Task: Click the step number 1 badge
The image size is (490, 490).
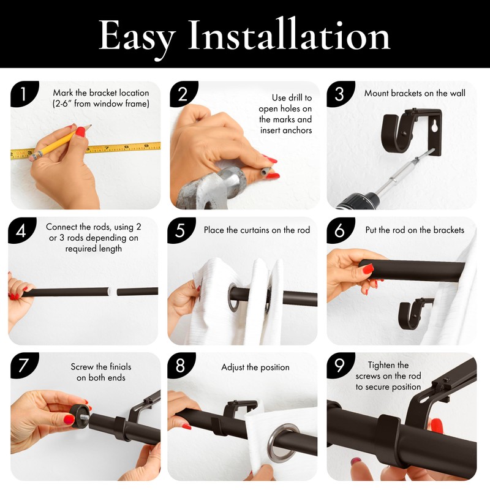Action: tap(24, 94)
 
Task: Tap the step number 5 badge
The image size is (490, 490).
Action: tap(181, 230)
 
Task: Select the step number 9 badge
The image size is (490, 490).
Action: tap(340, 365)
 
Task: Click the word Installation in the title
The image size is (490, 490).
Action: tap(289, 35)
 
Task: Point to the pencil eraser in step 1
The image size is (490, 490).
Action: tap(34, 156)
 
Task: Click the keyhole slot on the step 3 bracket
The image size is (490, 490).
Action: tap(434, 127)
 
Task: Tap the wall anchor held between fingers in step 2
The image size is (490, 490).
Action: tap(266, 171)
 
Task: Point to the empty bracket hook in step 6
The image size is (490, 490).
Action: tap(413, 314)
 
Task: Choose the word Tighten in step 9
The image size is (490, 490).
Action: tap(388, 365)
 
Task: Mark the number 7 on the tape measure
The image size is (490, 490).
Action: tap(107, 148)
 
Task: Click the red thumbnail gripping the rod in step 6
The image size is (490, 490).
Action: tap(368, 268)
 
